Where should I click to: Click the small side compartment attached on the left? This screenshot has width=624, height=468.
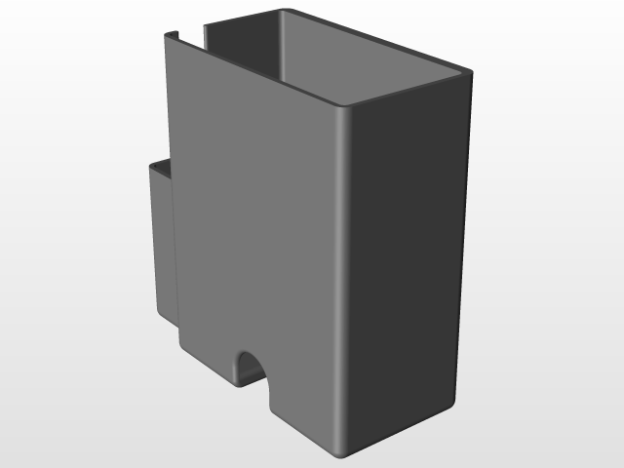click(162, 244)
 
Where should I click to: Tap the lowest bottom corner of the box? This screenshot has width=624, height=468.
click(337, 453)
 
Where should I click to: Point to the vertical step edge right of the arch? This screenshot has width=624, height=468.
click(268, 390)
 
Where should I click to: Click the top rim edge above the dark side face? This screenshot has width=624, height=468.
click(409, 90)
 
